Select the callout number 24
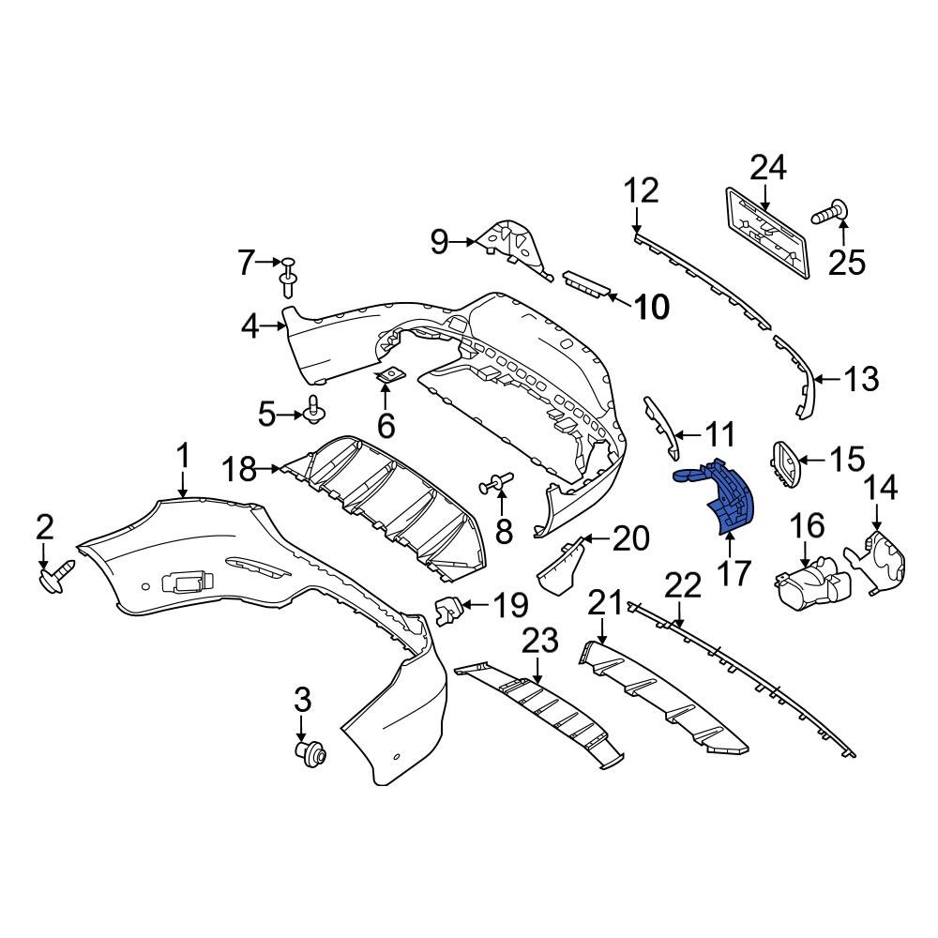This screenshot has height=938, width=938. (768, 169)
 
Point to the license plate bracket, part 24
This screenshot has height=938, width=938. (767, 232)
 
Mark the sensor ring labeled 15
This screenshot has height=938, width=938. (785, 463)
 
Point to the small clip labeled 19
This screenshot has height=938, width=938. (451, 611)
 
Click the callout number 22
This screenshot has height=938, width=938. (683, 585)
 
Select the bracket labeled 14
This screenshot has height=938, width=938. (882, 561)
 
